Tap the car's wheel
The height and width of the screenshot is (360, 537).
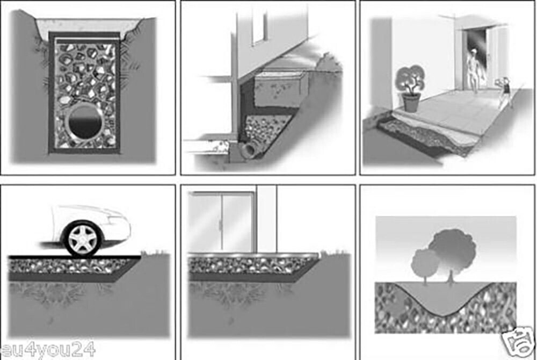83,239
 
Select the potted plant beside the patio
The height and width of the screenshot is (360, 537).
411,88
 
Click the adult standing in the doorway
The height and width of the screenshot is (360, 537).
475,70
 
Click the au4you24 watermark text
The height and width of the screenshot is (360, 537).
48,350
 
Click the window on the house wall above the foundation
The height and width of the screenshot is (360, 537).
259,26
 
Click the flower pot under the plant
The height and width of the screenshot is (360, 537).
411,103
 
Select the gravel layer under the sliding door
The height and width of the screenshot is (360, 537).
252,266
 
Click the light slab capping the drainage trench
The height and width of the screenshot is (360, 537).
88,26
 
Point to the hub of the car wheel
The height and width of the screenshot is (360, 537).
83,239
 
